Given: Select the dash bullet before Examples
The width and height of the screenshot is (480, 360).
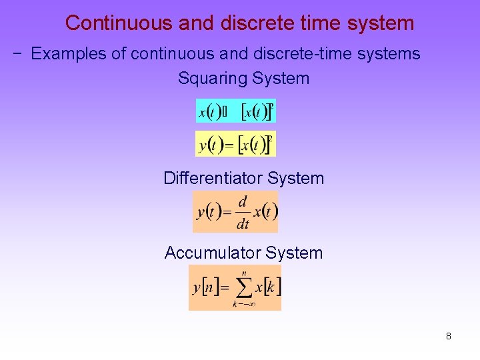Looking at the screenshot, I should pyautogui.click(x=18, y=54).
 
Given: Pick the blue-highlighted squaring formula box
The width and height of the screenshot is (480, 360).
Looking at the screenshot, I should pyautogui.click(x=235, y=111).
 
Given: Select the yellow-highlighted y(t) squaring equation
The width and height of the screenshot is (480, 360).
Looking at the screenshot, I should pyautogui.click(x=235, y=144).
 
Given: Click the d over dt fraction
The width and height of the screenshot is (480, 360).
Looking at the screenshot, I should pyautogui.click(x=242, y=213).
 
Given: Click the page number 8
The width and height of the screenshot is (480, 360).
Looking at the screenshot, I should pyautogui.click(x=449, y=336).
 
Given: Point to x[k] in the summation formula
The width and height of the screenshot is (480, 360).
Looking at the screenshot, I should pyautogui.click(x=269, y=287).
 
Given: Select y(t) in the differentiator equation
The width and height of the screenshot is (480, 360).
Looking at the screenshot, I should pyautogui.click(x=209, y=213).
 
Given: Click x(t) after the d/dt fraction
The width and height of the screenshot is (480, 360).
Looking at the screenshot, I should pyautogui.click(x=265, y=213).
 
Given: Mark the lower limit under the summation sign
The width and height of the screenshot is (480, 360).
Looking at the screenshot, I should pyautogui.click(x=244, y=305).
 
